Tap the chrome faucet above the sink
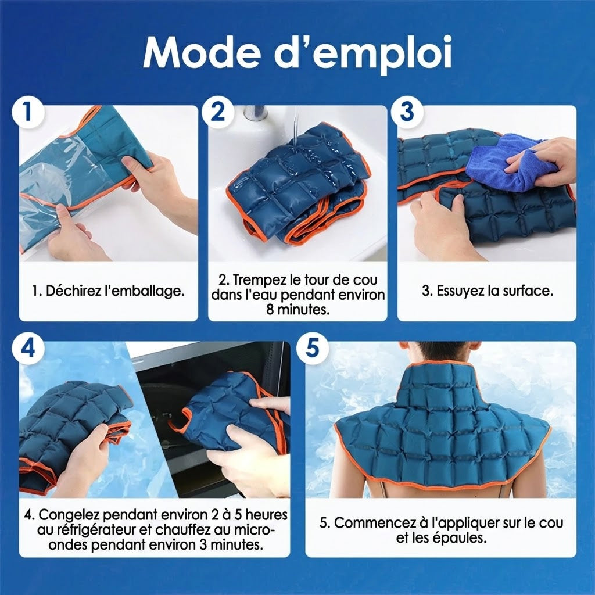point(255,113)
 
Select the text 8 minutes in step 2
point(298,310)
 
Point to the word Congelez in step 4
point(70,515)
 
